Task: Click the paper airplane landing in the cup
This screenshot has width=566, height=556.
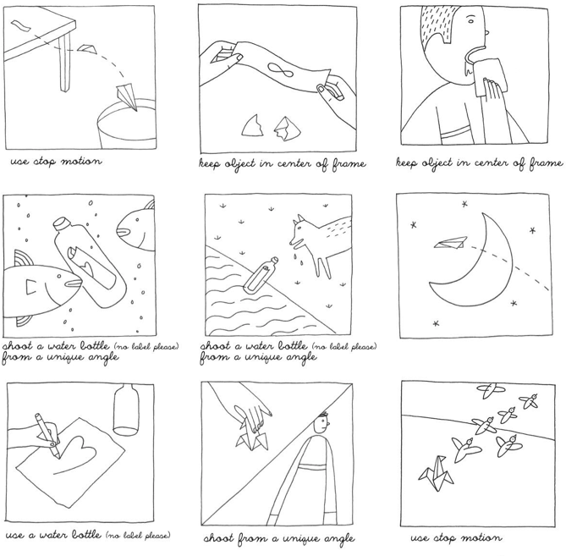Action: (x=127, y=96)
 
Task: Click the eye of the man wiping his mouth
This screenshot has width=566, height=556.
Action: (x=470, y=20)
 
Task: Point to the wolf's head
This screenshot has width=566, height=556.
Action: (x=301, y=234)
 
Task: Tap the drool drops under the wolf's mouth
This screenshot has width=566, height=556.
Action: (x=298, y=259)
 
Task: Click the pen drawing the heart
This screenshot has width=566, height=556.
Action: (x=47, y=436)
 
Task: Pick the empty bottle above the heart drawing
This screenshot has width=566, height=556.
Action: (x=126, y=409)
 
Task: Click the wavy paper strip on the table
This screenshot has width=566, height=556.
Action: (x=20, y=26)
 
